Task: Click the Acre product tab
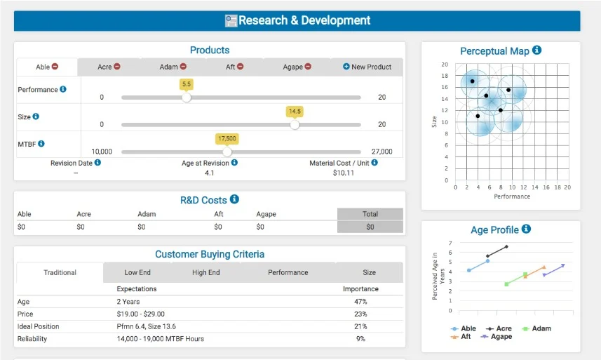pos(108,67)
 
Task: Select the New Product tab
pos(367,67)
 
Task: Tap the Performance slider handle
pos(187,98)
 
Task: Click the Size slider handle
pos(295,125)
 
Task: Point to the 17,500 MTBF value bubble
pos(227,138)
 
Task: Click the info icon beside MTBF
pos(41,144)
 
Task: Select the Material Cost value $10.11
pos(343,173)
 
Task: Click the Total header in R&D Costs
pos(370,214)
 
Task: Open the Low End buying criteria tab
pos(137,272)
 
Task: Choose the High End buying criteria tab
pos(205,272)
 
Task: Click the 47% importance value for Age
pos(360,302)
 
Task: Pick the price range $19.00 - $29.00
pos(141,314)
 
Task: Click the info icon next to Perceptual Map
pos(537,51)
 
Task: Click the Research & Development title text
pos(304,20)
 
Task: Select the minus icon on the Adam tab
pos(184,67)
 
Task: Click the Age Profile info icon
pos(527,229)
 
